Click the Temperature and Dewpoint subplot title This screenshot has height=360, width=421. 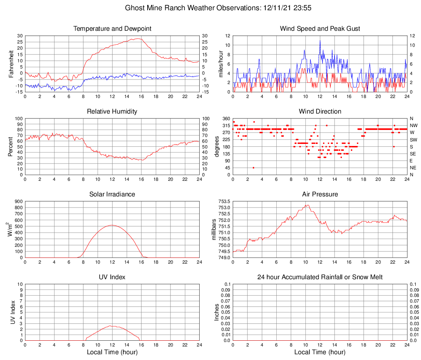[x=112, y=29]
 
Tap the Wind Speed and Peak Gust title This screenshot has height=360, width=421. [x=320, y=29]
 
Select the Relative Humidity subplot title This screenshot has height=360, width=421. [x=112, y=112]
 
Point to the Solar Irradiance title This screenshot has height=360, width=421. [x=112, y=194]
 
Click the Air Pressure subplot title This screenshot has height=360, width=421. [x=320, y=194]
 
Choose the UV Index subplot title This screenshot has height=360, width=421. [x=112, y=277]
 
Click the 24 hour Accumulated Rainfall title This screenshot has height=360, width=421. [x=320, y=277]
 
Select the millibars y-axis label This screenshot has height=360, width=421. [x=213, y=230]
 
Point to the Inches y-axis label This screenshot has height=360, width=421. [x=217, y=312]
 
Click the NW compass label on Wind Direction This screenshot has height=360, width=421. [x=413, y=125]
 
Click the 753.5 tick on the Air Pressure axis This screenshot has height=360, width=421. [x=224, y=201]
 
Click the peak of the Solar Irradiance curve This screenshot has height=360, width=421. [x=112, y=225]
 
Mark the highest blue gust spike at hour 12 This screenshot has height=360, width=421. [x=320, y=41]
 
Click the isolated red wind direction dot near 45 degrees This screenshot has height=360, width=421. [x=254, y=168]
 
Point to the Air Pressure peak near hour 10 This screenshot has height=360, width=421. [x=307, y=205]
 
